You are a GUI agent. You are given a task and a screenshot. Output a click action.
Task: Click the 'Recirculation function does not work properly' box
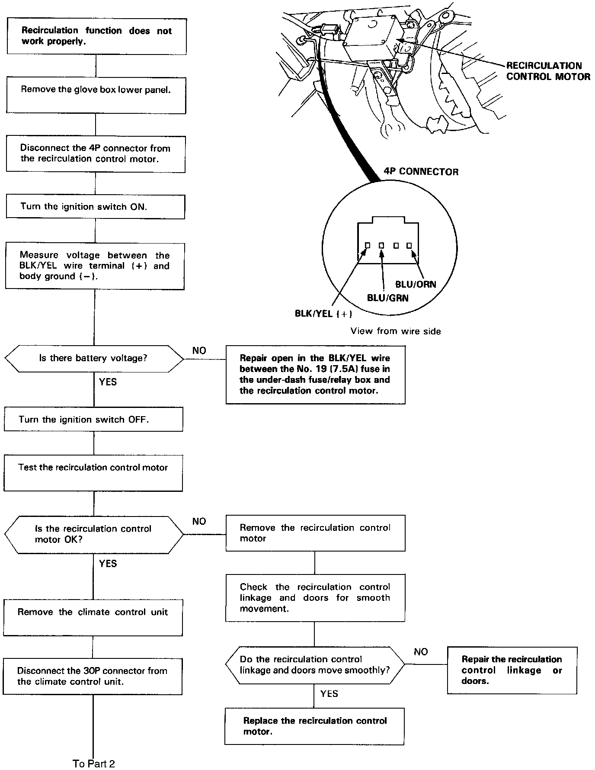[97, 36]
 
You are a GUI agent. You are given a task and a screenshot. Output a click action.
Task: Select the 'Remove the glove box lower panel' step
[96, 95]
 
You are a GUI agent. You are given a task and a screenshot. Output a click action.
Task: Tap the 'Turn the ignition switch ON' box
[96, 207]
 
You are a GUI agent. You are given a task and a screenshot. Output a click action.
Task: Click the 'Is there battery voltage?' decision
[94, 358]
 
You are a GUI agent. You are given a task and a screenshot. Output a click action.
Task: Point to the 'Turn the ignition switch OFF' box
[93, 419]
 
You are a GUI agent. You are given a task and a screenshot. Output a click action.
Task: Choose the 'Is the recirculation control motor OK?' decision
[93, 534]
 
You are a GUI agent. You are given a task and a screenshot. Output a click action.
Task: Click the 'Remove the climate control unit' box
[93, 617]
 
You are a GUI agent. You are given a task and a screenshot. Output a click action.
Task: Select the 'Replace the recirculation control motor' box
[315, 726]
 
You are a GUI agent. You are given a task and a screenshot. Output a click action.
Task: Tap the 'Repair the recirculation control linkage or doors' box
[512, 670]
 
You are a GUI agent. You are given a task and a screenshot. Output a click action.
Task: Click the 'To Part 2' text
[94, 764]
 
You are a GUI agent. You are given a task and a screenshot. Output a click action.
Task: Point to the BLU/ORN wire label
[416, 285]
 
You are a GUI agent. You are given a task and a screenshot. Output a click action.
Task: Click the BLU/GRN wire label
[387, 298]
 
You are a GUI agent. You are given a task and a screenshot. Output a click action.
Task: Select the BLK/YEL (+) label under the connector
[323, 314]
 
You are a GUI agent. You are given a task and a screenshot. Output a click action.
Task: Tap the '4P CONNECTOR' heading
[421, 172]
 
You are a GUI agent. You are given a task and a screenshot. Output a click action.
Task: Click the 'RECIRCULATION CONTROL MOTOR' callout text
[548, 71]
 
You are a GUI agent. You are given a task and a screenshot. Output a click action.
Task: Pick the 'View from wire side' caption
[396, 331]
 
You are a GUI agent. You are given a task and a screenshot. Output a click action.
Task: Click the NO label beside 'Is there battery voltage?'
[199, 350]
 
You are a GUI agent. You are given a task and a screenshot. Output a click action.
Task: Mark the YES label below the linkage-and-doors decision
[329, 694]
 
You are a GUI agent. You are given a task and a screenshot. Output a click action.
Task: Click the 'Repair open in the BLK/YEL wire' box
[315, 375]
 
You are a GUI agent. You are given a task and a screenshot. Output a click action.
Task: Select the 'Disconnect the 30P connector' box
[93, 677]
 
